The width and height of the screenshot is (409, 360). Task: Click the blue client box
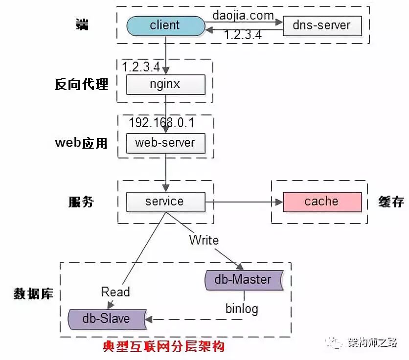165,25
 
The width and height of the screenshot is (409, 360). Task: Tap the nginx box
165,84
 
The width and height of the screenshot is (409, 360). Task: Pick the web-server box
165,142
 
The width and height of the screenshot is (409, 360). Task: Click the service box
165,201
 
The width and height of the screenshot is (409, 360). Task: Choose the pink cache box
322,201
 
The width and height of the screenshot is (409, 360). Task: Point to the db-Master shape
243,279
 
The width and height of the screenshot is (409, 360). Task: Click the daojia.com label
243,15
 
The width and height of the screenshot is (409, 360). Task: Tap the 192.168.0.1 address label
161,122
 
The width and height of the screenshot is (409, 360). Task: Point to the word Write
204,240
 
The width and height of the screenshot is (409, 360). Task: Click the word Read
115,292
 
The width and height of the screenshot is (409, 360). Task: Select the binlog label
242,309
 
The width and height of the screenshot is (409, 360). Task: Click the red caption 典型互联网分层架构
164,347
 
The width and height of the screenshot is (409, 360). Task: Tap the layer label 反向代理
81,84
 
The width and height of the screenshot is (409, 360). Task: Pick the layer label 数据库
33,293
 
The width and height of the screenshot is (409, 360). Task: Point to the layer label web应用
81,143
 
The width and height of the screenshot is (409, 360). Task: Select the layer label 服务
81,202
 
